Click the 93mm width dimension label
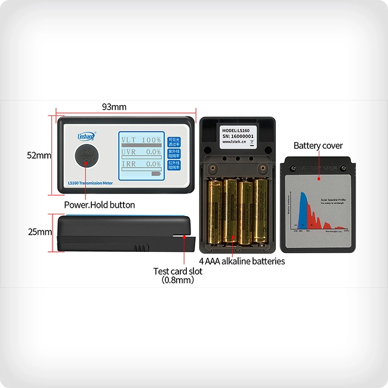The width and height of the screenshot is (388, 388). (114, 107)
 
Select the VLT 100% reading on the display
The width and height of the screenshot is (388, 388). (141, 140)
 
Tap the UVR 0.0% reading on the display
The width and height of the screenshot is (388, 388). (141, 152)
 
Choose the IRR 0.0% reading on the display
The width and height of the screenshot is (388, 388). (141, 164)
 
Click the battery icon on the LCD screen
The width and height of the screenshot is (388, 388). (156, 174)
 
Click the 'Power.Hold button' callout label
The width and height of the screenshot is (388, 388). (100, 205)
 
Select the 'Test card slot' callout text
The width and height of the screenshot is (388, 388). (178, 271)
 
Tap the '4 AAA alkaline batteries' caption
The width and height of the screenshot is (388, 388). (242, 261)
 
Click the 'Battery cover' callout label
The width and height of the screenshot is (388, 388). (318, 146)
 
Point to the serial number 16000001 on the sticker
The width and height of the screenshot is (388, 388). (238, 136)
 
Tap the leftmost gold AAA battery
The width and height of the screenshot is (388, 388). (215, 212)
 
